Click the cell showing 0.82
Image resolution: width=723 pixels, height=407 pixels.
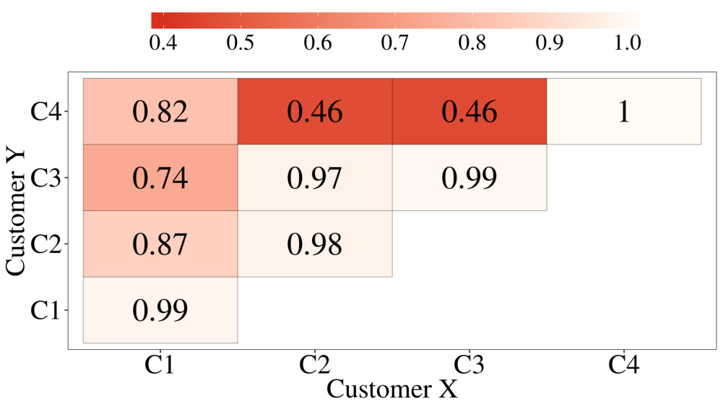160,111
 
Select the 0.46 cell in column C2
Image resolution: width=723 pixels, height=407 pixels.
315,111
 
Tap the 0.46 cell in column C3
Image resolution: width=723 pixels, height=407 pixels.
469,111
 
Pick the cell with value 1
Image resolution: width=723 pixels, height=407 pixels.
624,111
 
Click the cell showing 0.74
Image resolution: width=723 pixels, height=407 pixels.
160,178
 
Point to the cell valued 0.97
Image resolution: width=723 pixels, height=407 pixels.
315,178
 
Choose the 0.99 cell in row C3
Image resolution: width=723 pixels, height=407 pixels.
469,178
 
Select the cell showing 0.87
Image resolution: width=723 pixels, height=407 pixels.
160,244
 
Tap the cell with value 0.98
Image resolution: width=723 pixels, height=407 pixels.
315,244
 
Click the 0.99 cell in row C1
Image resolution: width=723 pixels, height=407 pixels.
160,310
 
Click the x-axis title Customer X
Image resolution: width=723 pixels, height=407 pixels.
392,389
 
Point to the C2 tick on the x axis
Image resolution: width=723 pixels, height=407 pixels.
315,364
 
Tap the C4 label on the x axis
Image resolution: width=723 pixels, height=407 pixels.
624,364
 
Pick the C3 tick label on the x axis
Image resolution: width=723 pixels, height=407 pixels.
469,364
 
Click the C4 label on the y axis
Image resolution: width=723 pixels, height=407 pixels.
49,112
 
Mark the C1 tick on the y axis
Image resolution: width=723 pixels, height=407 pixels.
49,311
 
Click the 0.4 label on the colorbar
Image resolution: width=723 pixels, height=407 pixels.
163,43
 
